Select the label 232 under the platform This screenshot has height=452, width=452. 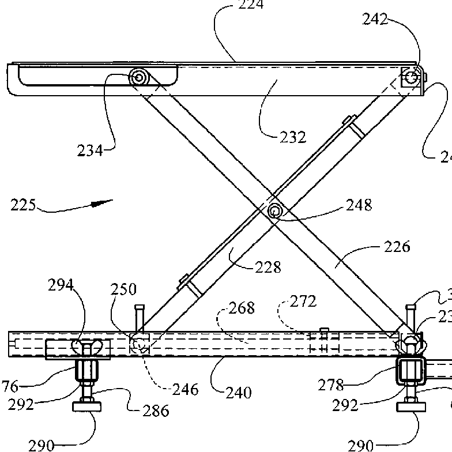pos(293,137)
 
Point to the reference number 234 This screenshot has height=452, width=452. pos(90,150)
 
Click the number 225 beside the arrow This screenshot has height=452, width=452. pos(24,205)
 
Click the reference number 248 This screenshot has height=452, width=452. pos(359,204)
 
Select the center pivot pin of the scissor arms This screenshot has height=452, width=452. pos(274,212)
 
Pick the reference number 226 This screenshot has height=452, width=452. pos(396,247)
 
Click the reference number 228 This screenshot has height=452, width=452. pos(268,267)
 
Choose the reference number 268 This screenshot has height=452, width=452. pos(242,308)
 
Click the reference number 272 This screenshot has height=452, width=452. pos(303,301)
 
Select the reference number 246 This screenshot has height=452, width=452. pos(186,390)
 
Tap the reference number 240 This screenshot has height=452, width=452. pos(239,393)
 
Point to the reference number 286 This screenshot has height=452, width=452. pos(156,410)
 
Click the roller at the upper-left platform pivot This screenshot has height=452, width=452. pos(139,77)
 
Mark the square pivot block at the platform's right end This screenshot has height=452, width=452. pos(410,77)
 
